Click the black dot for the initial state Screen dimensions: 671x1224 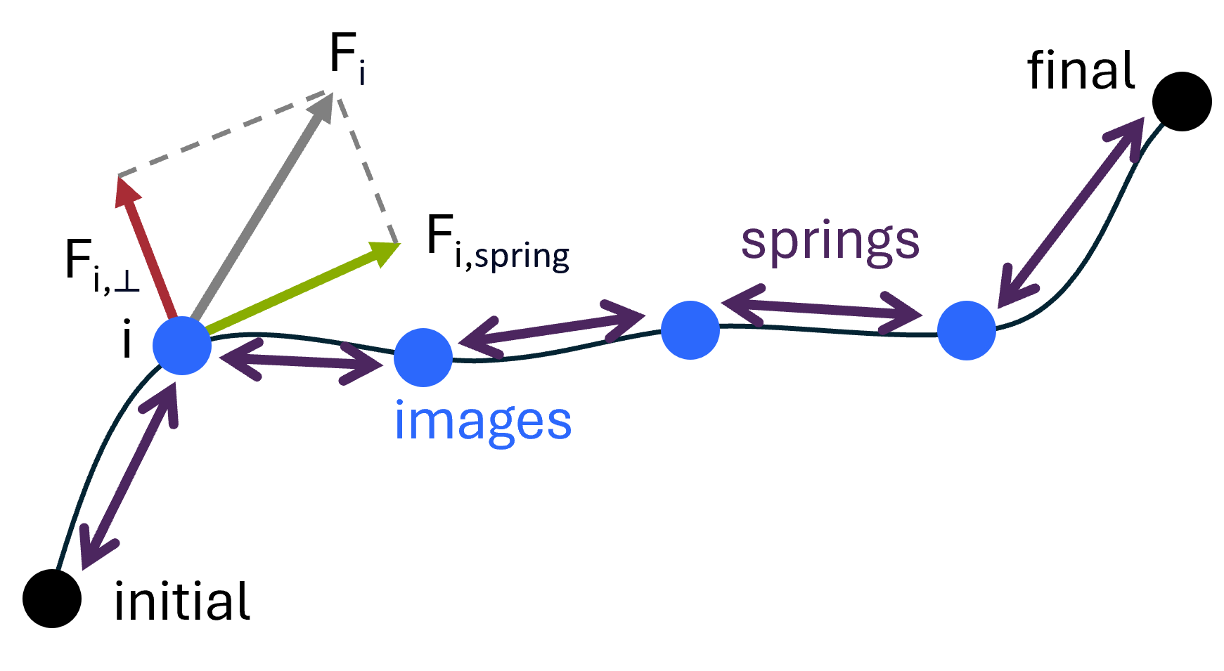(52, 598)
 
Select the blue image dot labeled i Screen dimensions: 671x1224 (182, 345)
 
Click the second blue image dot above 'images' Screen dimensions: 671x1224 (423, 358)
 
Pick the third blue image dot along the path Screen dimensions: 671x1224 (690, 330)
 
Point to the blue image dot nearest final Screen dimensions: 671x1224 (967, 330)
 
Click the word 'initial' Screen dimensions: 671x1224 (181, 602)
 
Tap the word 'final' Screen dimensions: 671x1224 (1081, 71)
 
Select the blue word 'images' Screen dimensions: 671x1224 (483, 422)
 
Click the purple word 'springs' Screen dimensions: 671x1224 (830, 241)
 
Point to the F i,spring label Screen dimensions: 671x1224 (497, 243)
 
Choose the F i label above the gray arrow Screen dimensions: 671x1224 (347, 58)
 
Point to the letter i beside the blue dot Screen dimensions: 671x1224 (127, 341)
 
